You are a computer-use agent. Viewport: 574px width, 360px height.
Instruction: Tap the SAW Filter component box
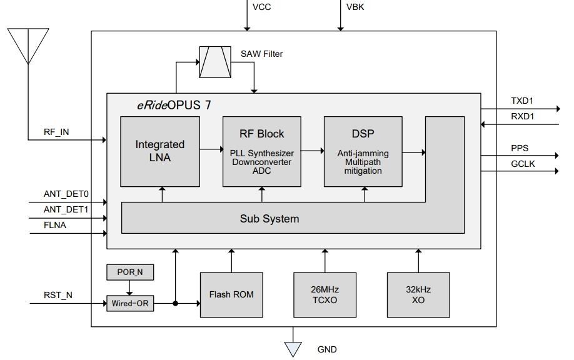(214, 62)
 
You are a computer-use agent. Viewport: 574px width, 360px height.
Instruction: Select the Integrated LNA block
(160, 151)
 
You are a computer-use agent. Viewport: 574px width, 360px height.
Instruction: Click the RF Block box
(261, 151)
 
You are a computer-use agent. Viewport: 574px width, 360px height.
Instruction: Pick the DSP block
(363, 151)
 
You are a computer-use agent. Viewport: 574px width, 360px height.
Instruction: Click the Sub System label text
(269, 219)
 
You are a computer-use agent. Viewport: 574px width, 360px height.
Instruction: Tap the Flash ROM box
(231, 294)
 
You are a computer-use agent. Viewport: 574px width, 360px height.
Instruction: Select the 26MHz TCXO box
(325, 294)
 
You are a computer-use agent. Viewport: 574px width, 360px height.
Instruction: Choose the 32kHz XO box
(418, 294)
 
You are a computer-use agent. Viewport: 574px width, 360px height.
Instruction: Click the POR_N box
(129, 272)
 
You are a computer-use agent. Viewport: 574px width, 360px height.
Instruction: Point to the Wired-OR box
(129, 304)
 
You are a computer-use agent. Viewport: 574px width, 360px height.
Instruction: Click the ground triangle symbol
(293, 349)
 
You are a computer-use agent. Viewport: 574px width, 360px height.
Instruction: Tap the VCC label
(261, 7)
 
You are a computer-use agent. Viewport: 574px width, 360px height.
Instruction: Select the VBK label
(355, 7)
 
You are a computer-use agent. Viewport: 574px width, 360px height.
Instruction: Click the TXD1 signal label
(523, 101)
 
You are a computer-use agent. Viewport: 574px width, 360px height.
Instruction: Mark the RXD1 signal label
(523, 116)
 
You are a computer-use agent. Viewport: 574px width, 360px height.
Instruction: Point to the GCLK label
(523, 164)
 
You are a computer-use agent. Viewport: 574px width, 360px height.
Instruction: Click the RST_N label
(58, 296)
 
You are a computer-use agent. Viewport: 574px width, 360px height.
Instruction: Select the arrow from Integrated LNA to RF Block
(211, 149)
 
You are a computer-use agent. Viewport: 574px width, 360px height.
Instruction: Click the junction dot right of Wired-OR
(176, 304)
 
